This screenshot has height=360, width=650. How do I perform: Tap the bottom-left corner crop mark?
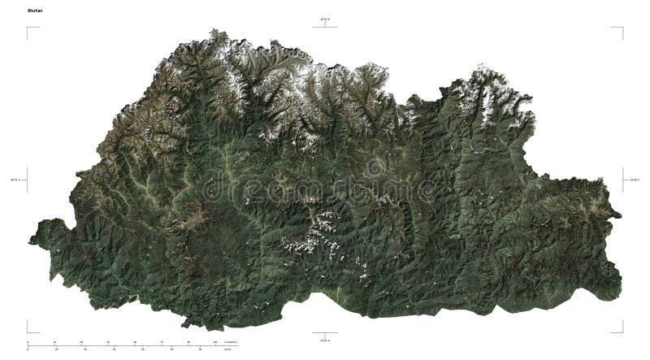pos(28,330)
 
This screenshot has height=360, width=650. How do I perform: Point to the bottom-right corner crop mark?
pos(622,330)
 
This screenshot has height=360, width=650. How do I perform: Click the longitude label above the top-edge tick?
pos(325,18)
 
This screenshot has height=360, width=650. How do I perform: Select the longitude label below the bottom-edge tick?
pos(325,341)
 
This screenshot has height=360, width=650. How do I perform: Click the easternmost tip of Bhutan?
pos(621,215)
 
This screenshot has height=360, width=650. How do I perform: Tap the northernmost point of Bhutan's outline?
pos(215,30)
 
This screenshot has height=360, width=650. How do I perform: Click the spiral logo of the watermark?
pos(375,169)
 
